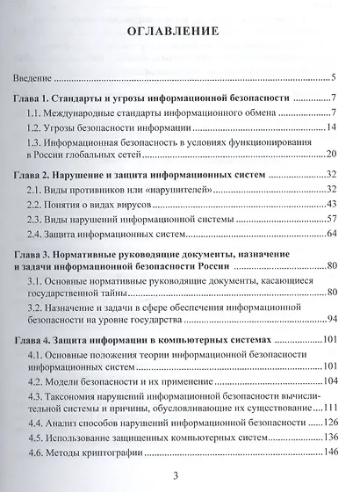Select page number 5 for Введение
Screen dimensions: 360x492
(x=335, y=77)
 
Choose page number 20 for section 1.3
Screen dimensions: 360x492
(x=332, y=155)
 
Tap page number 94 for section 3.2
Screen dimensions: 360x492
(x=332, y=320)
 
